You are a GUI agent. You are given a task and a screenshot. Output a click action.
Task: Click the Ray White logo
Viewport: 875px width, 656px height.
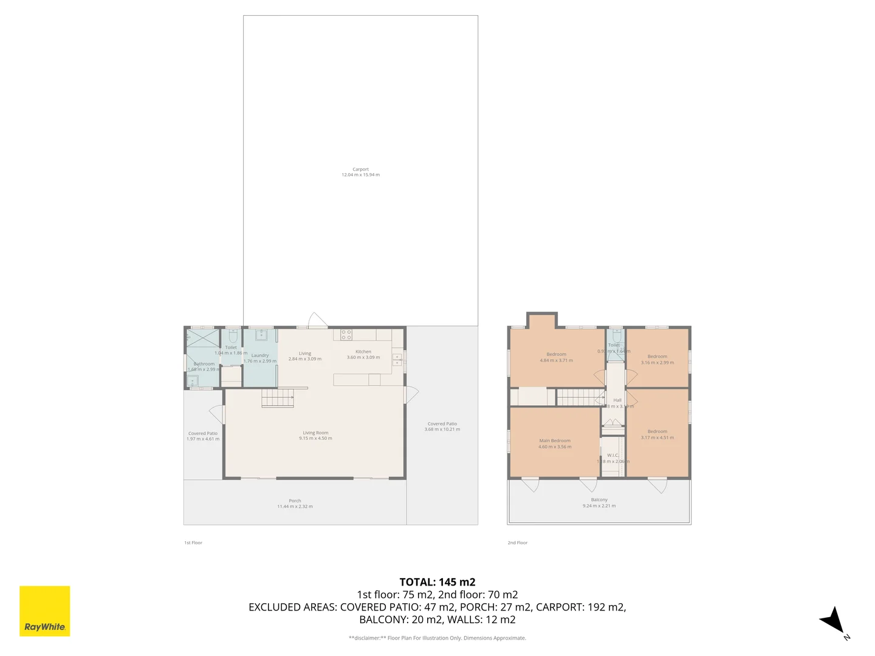(x=45, y=610)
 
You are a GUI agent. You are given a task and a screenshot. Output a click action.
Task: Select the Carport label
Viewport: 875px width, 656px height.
(x=360, y=169)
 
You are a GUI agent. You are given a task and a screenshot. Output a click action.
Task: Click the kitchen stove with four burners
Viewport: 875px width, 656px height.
(x=346, y=335)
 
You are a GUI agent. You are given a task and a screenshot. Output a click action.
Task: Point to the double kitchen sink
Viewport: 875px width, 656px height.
(x=397, y=359)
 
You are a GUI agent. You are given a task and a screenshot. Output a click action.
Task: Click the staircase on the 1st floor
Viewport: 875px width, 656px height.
(x=278, y=398)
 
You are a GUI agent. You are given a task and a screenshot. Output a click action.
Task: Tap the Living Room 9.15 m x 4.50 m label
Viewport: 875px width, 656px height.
(x=315, y=436)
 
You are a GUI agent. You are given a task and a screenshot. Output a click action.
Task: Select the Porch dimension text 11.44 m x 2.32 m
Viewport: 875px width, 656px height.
(x=295, y=506)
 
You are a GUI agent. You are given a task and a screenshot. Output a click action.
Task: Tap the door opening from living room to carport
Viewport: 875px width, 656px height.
(x=318, y=320)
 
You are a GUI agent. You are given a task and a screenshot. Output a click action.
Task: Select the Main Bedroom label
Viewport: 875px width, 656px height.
(x=555, y=441)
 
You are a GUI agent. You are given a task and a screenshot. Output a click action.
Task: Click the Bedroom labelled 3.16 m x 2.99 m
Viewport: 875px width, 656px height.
(x=657, y=360)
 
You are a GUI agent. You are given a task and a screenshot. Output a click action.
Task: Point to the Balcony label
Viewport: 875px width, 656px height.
(x=599, y=500)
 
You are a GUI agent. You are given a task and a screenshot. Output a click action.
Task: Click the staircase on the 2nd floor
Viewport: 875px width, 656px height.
(x=580, y=397)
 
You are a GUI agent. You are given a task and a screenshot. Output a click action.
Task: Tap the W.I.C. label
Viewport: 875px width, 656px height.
(x=612, y=455)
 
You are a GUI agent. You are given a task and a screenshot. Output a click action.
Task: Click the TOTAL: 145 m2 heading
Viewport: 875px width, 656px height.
(x=437, y=582)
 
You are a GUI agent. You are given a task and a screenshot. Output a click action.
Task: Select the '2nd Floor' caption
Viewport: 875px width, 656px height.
(x=518, y=542)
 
